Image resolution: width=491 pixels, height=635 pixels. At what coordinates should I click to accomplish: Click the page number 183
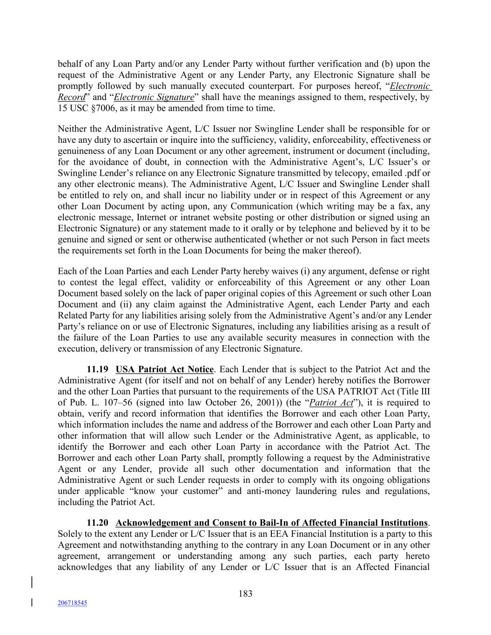point(245,594)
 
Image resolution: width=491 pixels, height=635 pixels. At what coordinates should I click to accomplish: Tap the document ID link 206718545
point(72,603)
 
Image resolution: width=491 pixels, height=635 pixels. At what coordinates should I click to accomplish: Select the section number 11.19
point(98,369)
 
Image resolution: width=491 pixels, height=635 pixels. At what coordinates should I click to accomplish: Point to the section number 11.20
point(98,523)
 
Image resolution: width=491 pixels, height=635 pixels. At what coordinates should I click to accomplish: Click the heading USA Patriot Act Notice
point(164,369)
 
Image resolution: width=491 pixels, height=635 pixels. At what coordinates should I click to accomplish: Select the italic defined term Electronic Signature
point(154,97)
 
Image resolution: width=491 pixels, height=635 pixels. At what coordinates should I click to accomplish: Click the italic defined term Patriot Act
point(331,403)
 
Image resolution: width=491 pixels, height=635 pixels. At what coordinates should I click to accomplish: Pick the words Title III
point(415,392)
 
